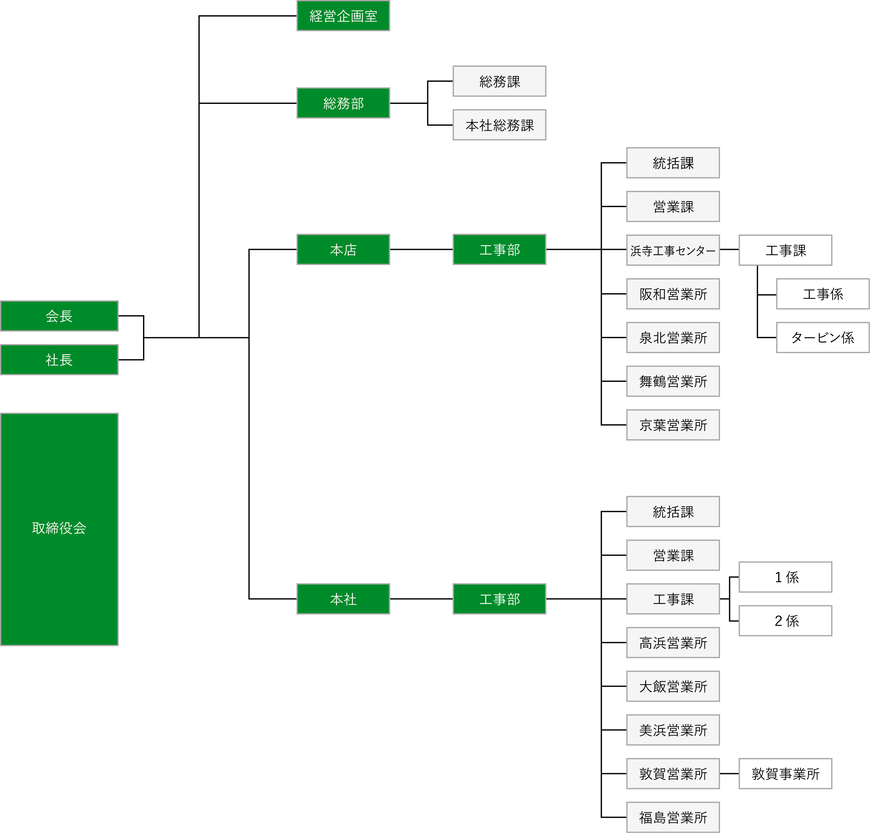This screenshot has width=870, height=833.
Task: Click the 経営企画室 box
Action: point(343,16)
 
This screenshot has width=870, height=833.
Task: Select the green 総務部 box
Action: point(343,103)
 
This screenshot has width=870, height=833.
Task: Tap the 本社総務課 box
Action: point(499,125)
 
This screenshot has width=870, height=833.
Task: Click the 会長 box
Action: point(59,316)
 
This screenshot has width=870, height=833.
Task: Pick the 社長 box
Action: point(59,360)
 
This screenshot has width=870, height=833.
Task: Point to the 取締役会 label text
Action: point(59,528)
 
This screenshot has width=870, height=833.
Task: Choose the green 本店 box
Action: point(343,250)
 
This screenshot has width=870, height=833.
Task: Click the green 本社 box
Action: point(343,599)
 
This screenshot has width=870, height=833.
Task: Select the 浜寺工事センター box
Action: point(673,250)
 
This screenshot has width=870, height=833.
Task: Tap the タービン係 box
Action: point(823,338)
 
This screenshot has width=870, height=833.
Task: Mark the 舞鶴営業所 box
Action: point(673,381)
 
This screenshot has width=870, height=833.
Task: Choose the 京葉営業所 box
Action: point(673,425)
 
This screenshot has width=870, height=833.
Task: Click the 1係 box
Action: point(785,577)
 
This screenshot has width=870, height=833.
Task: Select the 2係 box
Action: point(785,621)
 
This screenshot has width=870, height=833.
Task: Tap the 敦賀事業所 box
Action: point(785,773)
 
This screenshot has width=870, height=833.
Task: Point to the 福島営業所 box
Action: point(673,817)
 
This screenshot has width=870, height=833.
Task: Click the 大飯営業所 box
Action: point(673,686)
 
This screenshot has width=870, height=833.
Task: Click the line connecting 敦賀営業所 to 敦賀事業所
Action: point(729,773)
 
